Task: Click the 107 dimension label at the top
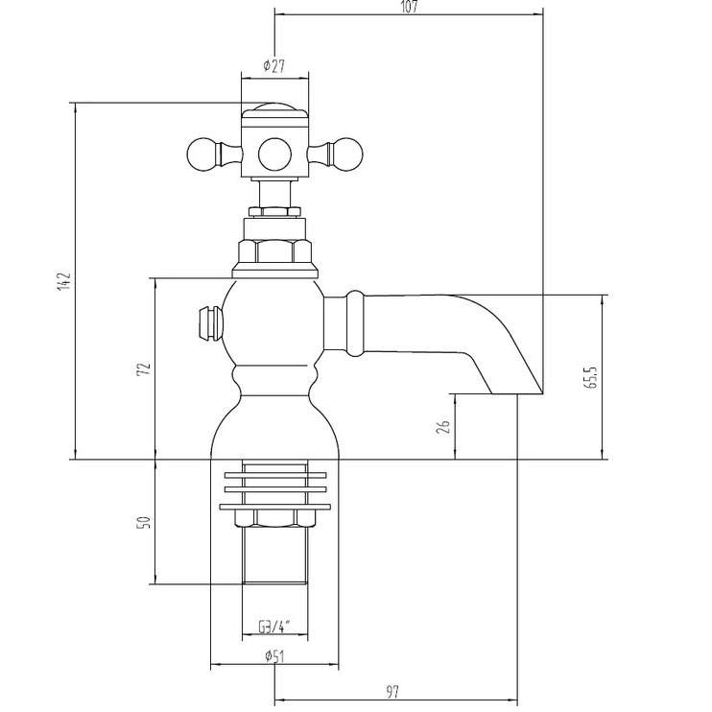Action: [x=409, y=7]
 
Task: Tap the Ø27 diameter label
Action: [x=273, y=66]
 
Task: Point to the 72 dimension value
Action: [x=144, y=368]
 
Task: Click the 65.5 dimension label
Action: [x=591, y=376]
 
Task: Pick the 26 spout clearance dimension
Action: [x=443, y=426]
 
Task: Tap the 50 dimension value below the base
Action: [x=144, y=522]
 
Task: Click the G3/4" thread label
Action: [x=274, y=628]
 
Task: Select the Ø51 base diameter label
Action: [x=274, y=656]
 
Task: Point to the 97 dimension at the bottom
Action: [x=392, y=692]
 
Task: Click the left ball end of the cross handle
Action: [x=203, y=154]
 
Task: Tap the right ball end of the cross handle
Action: [x=346, y=154]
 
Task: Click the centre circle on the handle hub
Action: [x=274, y=154]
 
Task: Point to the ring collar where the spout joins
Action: [x=355, y=322]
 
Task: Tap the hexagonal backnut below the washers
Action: [x=274, y=518]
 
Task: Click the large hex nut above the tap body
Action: [x=274, y=251]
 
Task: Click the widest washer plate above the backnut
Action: [x=274, y=507]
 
